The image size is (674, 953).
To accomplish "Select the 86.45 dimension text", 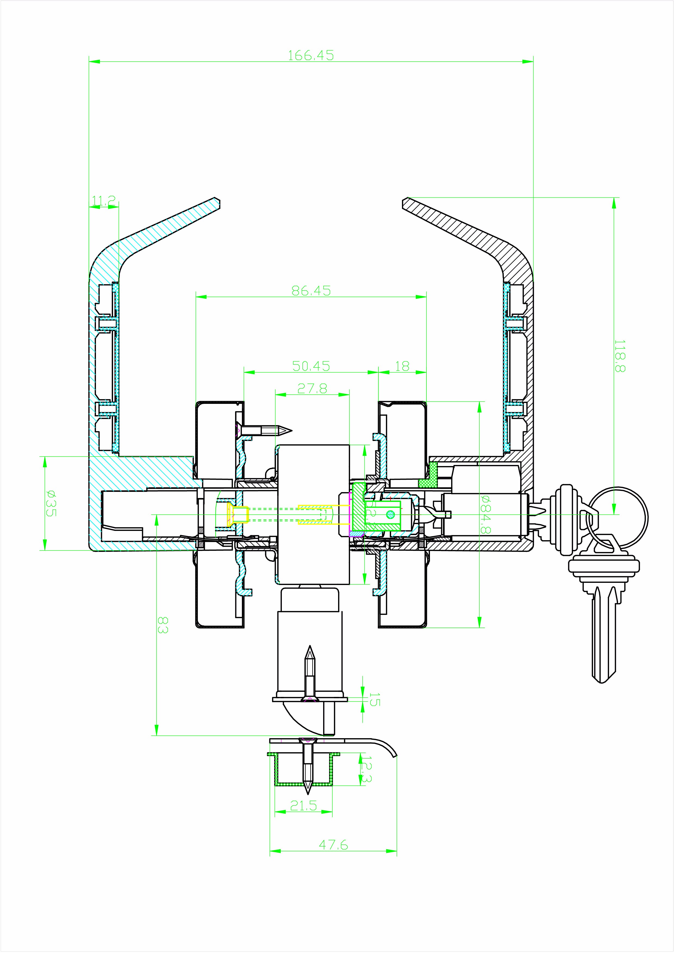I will (311, 291).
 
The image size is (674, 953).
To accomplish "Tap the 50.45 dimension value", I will (311, 366).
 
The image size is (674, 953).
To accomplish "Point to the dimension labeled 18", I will (402, 366).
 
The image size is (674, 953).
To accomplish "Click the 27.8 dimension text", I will (312, 388).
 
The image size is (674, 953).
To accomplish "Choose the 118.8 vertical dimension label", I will (620, 356).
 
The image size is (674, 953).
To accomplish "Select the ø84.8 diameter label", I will (485, 514).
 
